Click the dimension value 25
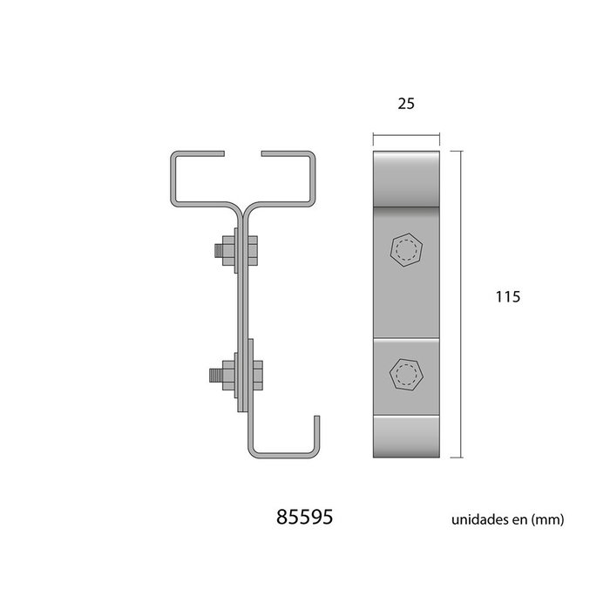[404, 104]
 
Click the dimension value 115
[507, 297]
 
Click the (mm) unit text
[549, 520]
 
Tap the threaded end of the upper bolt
[215, 253]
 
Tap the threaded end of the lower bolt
[214, 377]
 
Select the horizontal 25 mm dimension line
[406, 136]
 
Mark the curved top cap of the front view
[406, 179]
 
